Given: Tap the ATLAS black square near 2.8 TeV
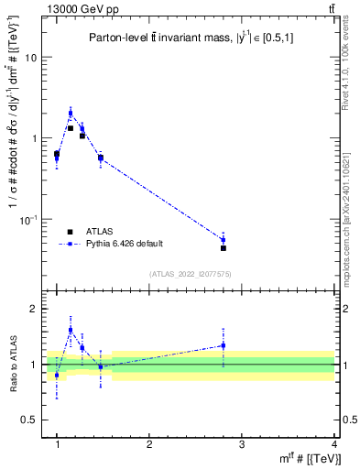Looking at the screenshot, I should click(224, 247).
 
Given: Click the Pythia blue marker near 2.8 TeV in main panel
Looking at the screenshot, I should click(224, 240).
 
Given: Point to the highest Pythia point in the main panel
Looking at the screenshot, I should click(70, 114).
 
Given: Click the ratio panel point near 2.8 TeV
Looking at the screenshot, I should click(224, 345).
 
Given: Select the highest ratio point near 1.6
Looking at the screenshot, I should click(70, 330).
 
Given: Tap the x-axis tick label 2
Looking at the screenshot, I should click(149, 443).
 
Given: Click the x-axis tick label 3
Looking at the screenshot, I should click(242, 443).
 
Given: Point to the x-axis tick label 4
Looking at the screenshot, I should click(334, 443).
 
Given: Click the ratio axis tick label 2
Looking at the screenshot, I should click(38, 310).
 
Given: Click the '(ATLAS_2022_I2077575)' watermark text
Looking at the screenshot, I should click(191, 274).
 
